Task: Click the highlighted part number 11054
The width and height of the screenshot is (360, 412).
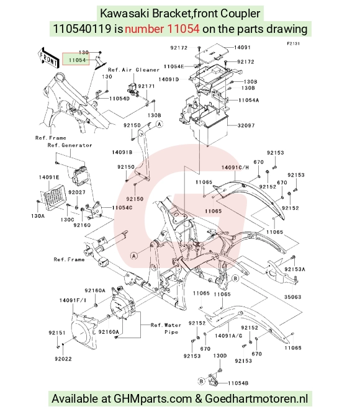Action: [77, 60]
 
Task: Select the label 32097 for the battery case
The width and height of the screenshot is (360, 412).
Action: [246, 125]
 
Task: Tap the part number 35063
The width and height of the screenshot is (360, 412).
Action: [292, 297]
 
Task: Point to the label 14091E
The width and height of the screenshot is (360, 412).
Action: [49, 177]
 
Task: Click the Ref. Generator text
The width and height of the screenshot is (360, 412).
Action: [70, 145]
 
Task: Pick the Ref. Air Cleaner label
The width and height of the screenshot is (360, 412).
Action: [133, 70]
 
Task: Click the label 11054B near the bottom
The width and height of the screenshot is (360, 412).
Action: [238, 383]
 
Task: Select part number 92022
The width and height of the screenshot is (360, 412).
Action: [63, 359]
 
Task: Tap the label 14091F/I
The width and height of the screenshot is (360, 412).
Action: [73, 300]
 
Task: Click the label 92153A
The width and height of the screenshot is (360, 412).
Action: [295, 269]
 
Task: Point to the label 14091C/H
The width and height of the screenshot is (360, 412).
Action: [235, 168]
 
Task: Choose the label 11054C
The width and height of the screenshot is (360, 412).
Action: [122, 208]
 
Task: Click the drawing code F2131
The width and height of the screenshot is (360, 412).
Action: [293, 43]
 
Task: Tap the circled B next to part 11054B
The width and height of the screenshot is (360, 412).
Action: [201, 381]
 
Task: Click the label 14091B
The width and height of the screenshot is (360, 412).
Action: [122, 152]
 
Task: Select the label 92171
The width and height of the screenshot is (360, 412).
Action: [146, 86]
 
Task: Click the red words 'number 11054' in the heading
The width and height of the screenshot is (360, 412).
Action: [162, 29]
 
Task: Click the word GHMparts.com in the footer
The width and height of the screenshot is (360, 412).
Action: [153, 398]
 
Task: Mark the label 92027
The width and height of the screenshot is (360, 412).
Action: [77, 192]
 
